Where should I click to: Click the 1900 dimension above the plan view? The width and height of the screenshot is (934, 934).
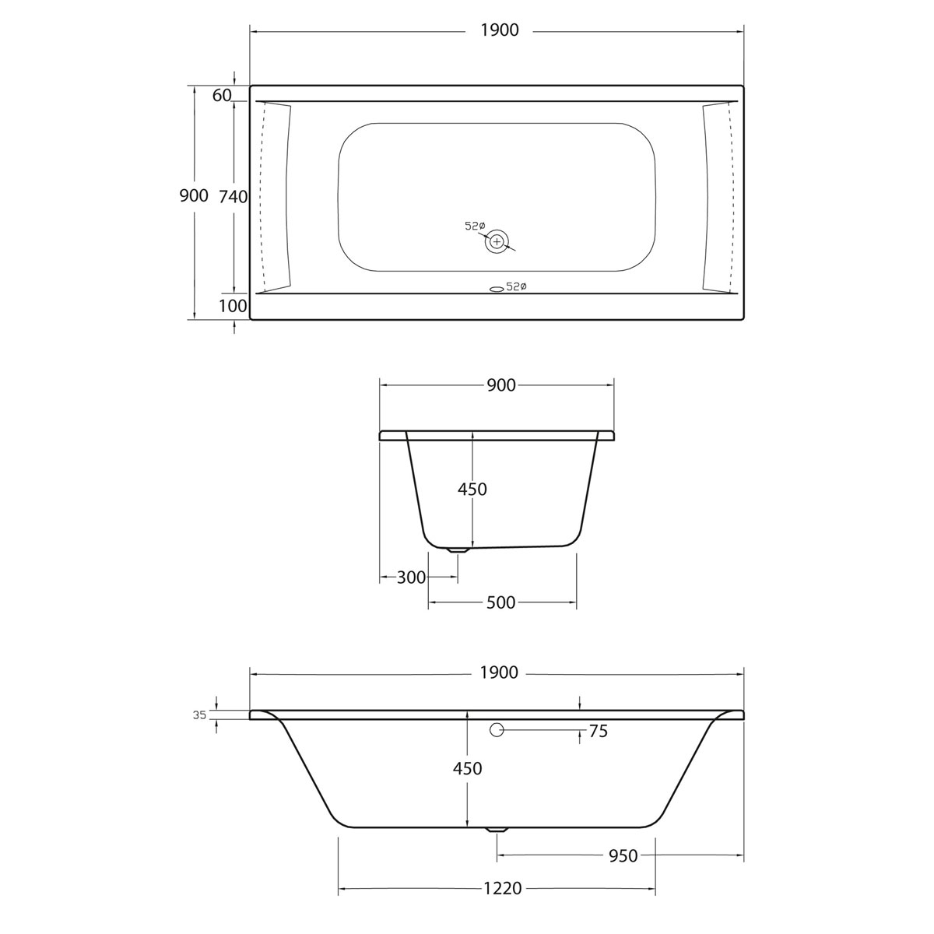[498, 30]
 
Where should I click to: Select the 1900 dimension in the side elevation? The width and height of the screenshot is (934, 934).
[498, 672]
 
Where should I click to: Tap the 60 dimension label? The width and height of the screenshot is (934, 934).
[222, 95]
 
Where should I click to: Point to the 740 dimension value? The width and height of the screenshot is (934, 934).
[233, 197]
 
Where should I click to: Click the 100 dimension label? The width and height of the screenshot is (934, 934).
[233, 306]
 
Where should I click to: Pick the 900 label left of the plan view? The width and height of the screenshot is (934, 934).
[194, 195]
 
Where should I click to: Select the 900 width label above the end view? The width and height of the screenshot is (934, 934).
[500, 384]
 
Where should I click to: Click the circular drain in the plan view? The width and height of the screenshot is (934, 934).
[497, 241]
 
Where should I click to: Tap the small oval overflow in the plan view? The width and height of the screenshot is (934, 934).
[496, 288]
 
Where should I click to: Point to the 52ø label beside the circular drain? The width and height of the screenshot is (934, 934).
[475, 226]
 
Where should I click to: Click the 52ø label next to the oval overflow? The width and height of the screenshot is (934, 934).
[517, 287]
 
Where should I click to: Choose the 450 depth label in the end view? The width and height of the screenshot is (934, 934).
[472, 489]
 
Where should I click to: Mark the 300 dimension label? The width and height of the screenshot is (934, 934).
[411, 578]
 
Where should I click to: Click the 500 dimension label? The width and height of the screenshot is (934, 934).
[500, 602]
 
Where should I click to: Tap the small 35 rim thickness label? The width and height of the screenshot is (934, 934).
[200, 715]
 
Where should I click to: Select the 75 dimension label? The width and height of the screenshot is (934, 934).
[599, 731]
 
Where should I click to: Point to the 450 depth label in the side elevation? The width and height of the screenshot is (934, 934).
[468, 768]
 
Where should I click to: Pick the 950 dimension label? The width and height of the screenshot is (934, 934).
[623, 856]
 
